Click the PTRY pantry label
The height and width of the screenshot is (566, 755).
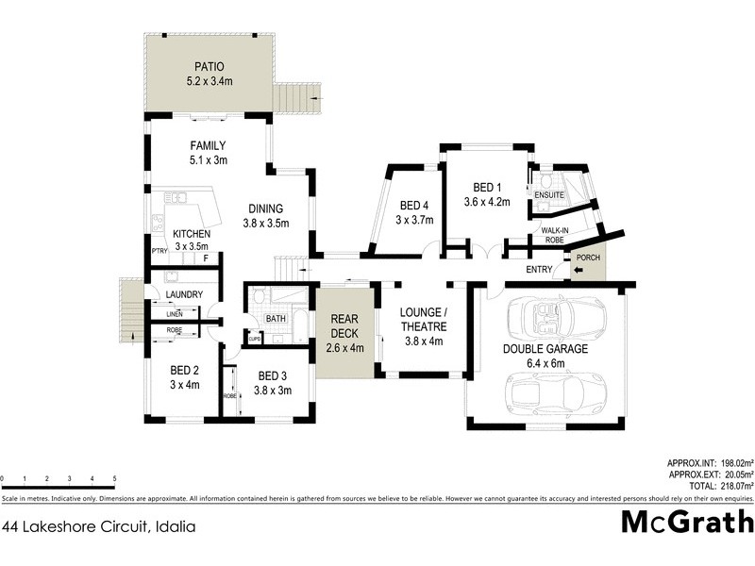click(x=159, y=251)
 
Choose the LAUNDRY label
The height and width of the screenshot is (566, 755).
click(x=183, y=294)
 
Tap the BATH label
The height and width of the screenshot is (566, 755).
click(x=276, y=319)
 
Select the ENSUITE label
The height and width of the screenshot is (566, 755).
click(x=549, y=195)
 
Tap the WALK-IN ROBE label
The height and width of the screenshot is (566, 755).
click(x=553, y=235)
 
